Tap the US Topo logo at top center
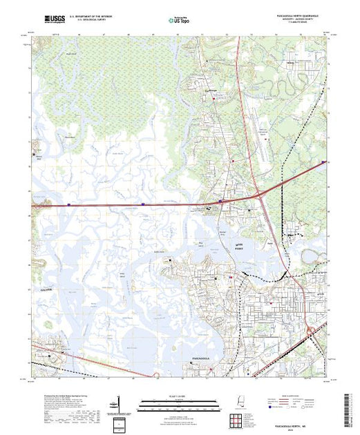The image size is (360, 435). point(179,20)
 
